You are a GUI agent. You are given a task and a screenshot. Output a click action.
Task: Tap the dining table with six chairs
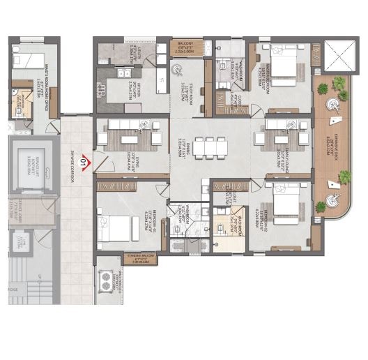tap(211, 147)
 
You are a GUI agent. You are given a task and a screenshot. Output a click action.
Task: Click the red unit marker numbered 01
tap(83, 164)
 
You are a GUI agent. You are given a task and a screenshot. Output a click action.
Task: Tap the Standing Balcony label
tap(142, 260)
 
